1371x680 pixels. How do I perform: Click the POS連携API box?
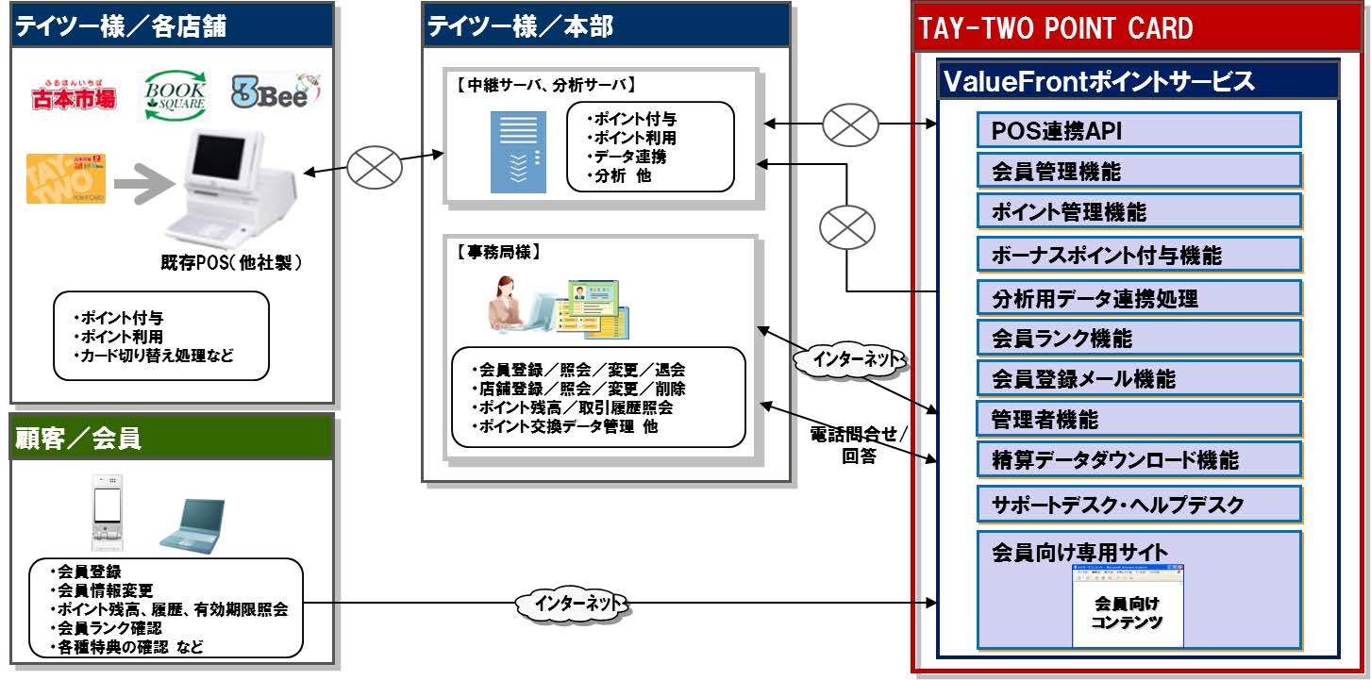pos(1138,130)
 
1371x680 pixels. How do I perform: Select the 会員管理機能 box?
pos(1138,171)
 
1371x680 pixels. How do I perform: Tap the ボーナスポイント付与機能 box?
pos(1138,255)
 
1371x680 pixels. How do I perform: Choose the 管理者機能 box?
pos(1138,419)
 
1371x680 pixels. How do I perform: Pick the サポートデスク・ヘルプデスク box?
pos(1138,504)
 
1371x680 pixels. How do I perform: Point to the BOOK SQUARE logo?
pos(175,95)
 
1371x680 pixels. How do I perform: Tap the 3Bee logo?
pos(276,91)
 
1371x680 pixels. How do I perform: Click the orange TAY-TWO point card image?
pos(66,179)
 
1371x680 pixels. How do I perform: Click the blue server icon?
pos(518,152)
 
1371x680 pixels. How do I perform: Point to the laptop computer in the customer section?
pos(192,523)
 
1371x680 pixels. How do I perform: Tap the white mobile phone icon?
pos(109,512)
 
